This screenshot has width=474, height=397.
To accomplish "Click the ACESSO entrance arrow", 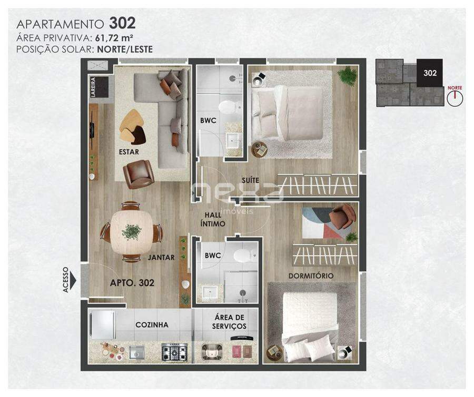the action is tap(73, 280).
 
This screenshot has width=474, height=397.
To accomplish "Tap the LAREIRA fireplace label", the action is tap(93, 87).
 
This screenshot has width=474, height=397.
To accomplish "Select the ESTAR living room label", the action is tap(129, 152).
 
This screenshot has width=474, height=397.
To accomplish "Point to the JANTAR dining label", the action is tap(161, 258).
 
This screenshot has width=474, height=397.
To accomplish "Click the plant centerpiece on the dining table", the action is tap(132, 232).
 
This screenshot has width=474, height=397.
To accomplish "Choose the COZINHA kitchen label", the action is tap(152, 325).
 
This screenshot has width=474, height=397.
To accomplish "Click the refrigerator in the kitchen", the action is tap(102, 325).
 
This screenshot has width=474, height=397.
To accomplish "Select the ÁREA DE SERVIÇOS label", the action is tap(229, 322).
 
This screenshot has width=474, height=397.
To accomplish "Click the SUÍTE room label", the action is tap(250, 180).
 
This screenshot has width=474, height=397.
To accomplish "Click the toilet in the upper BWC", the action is tap(230, 107).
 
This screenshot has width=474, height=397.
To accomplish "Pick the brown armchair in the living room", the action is tap(139, 174).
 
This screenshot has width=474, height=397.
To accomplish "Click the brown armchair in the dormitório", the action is tap(343, 217).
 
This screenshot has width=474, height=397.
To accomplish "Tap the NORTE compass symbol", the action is tap(455, 97).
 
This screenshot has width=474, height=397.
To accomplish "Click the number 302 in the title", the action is tap(122, 23).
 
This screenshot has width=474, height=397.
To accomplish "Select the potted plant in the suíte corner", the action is tap(348, 76).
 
